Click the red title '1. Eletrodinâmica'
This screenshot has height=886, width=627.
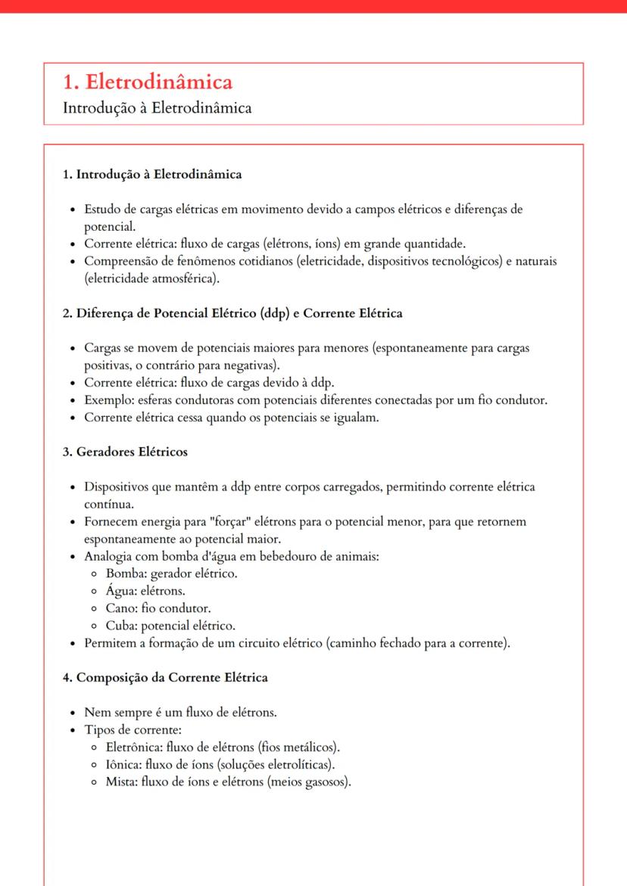(148, 82)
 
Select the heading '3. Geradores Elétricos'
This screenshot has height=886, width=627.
(125, 452)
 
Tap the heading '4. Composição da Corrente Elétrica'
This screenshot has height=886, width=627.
(165, 677)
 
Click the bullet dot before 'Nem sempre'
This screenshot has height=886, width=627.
(71, 713)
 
